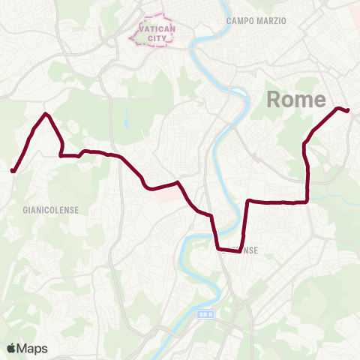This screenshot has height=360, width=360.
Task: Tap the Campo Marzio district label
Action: [256, 21]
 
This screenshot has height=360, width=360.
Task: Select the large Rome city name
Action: [296, 100]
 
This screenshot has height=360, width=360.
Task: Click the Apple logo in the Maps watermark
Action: [12, 348]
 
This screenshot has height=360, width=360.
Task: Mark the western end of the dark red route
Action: [13, 171]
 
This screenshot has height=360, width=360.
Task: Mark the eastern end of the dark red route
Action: [348, 111]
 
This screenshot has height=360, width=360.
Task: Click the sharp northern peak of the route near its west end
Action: [46, 114]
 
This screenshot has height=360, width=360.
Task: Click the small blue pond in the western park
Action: [127, 120]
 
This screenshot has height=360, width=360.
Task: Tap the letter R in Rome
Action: [274, 100]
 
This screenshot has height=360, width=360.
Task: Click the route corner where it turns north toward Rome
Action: [307, 201]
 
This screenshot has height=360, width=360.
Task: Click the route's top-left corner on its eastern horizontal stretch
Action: [248, 201]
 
